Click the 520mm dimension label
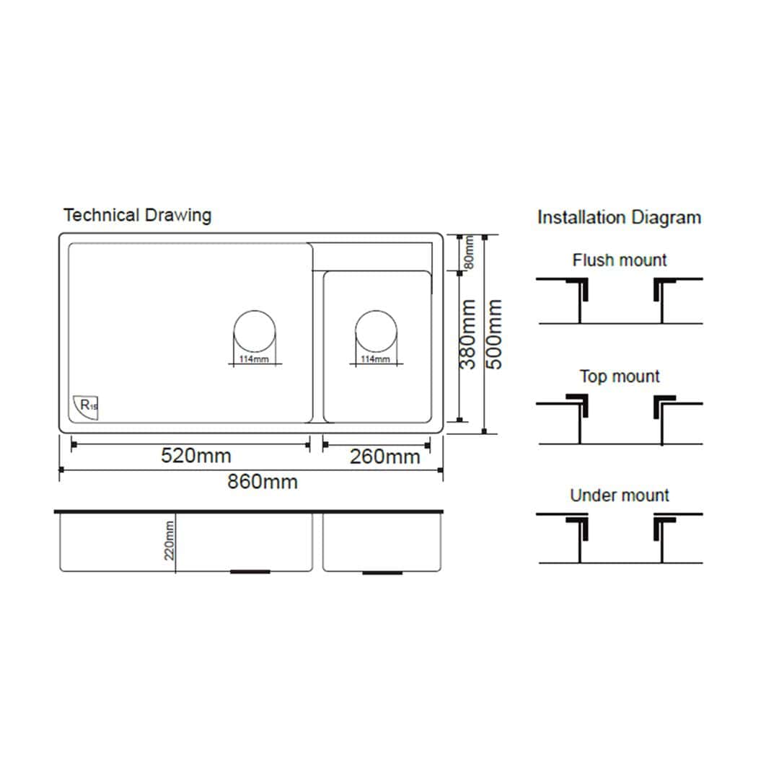pyautogui.click(x=195, y=456)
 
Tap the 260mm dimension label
pyautogui.click(x=384, y=457)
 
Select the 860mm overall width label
pyautogui.click(x=263, y=481)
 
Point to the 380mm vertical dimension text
pyautogui.click(x=467, y=335)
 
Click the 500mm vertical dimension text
pyautogui.click(x=493, y=335)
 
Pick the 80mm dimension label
pyautogui.click(x=468, y=252)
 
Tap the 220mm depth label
pyautogui.click(x=169, y=540)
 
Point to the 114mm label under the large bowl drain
pyautogui.click(x=254, y=359)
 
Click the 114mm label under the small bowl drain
pyautogui.click(x=375, y=359)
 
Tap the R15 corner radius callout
pyautogui.click(x=86, y=407)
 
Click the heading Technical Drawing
pyautogui.click(x=137, y=215)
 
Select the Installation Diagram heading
pyautogui.click(x=619, y=218)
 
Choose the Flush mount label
pyautogui.click(x=619, y=260)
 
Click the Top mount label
pyautogui.click(x=619, y=376)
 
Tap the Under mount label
pyautogui.click(x=619, y=496)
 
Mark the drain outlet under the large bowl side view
pyautogui.click(x=250, y=572)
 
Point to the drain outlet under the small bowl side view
pyautogui.click(x=382, y=573)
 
